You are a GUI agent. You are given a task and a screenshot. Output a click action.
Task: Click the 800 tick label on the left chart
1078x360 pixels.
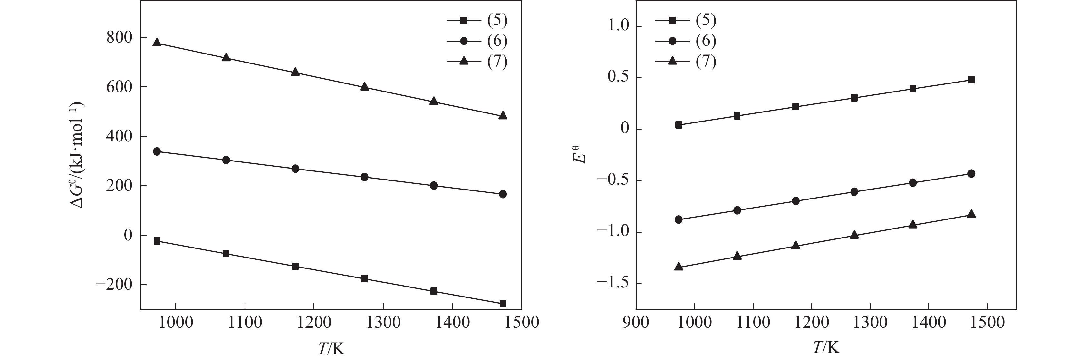coord(119,38)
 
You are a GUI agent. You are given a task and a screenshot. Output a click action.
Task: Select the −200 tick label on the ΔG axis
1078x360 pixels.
coord(114,285)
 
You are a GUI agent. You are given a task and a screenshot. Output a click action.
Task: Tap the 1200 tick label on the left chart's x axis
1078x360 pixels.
coord(313,323)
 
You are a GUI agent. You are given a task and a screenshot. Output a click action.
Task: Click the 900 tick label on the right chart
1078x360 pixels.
coord(636,323)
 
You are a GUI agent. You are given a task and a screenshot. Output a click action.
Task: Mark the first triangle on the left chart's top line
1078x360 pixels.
coord(157,42)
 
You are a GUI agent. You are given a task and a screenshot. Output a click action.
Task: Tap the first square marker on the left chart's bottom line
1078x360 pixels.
coord(157,241)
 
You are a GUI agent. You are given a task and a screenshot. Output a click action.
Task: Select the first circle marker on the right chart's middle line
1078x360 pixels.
coord(679,219)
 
